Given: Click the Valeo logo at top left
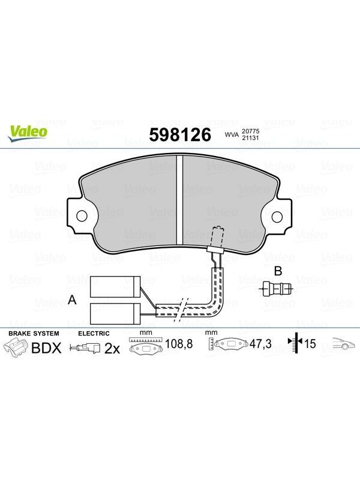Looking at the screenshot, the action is click(28, 134).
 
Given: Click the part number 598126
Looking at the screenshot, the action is click(180, 134).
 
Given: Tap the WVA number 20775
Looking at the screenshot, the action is click(250, 131).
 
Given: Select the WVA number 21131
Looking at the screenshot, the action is click(250, 138).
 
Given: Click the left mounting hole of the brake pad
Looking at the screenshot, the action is click(82, 216).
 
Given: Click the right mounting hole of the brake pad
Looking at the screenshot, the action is click(277, 217).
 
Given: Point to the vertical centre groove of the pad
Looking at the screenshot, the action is click(179, 200).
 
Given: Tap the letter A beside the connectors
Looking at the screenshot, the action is click(72, 299).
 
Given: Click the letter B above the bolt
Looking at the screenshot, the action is click(278, 271).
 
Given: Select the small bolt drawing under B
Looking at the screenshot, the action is click(277, 289).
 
